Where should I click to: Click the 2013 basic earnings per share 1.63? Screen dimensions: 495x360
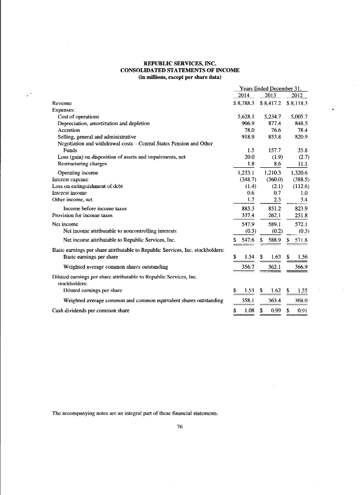(276, 257)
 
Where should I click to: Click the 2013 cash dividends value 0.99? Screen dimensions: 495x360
(276, 310)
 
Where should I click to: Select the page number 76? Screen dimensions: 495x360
(179, 425)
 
